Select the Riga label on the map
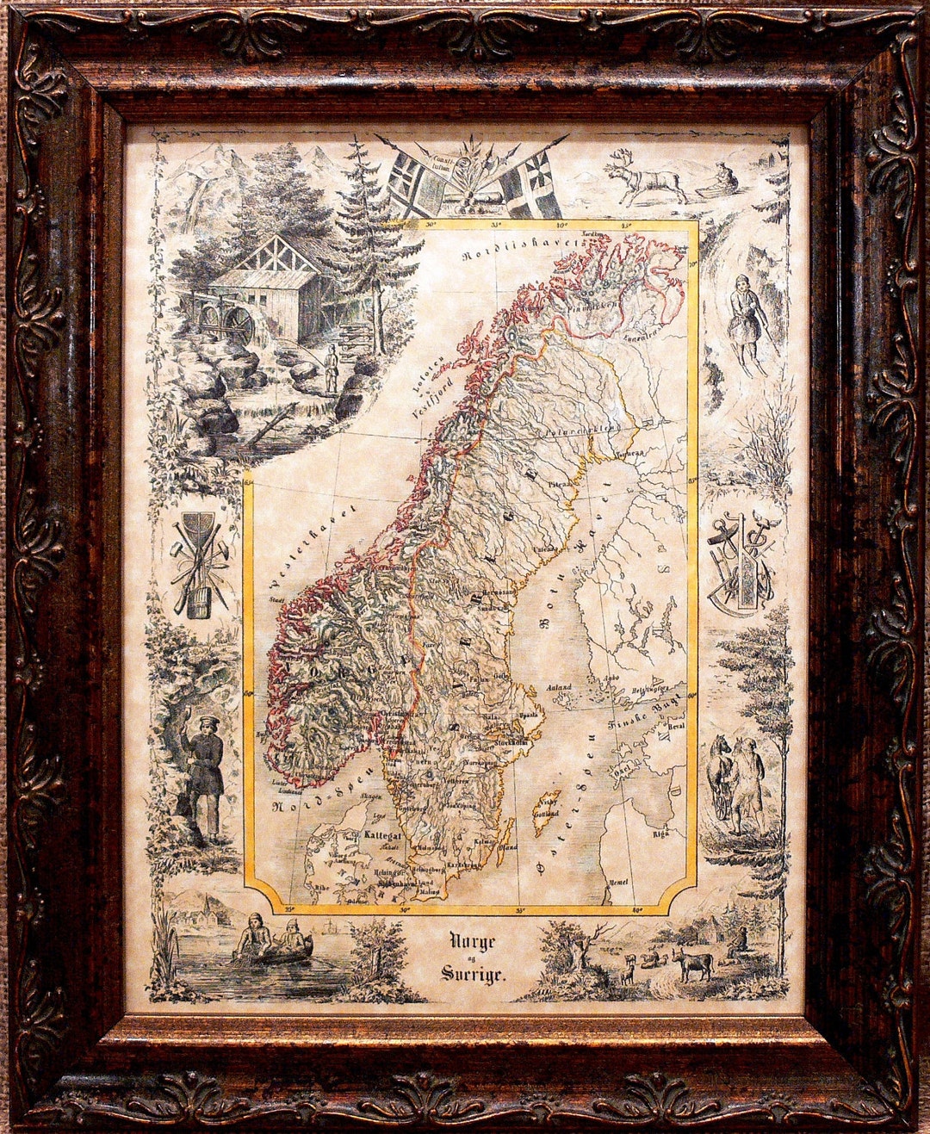click(x=662, y=833)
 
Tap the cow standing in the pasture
click(x=693, y=963)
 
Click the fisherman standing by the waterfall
click(x=331, y=366)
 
